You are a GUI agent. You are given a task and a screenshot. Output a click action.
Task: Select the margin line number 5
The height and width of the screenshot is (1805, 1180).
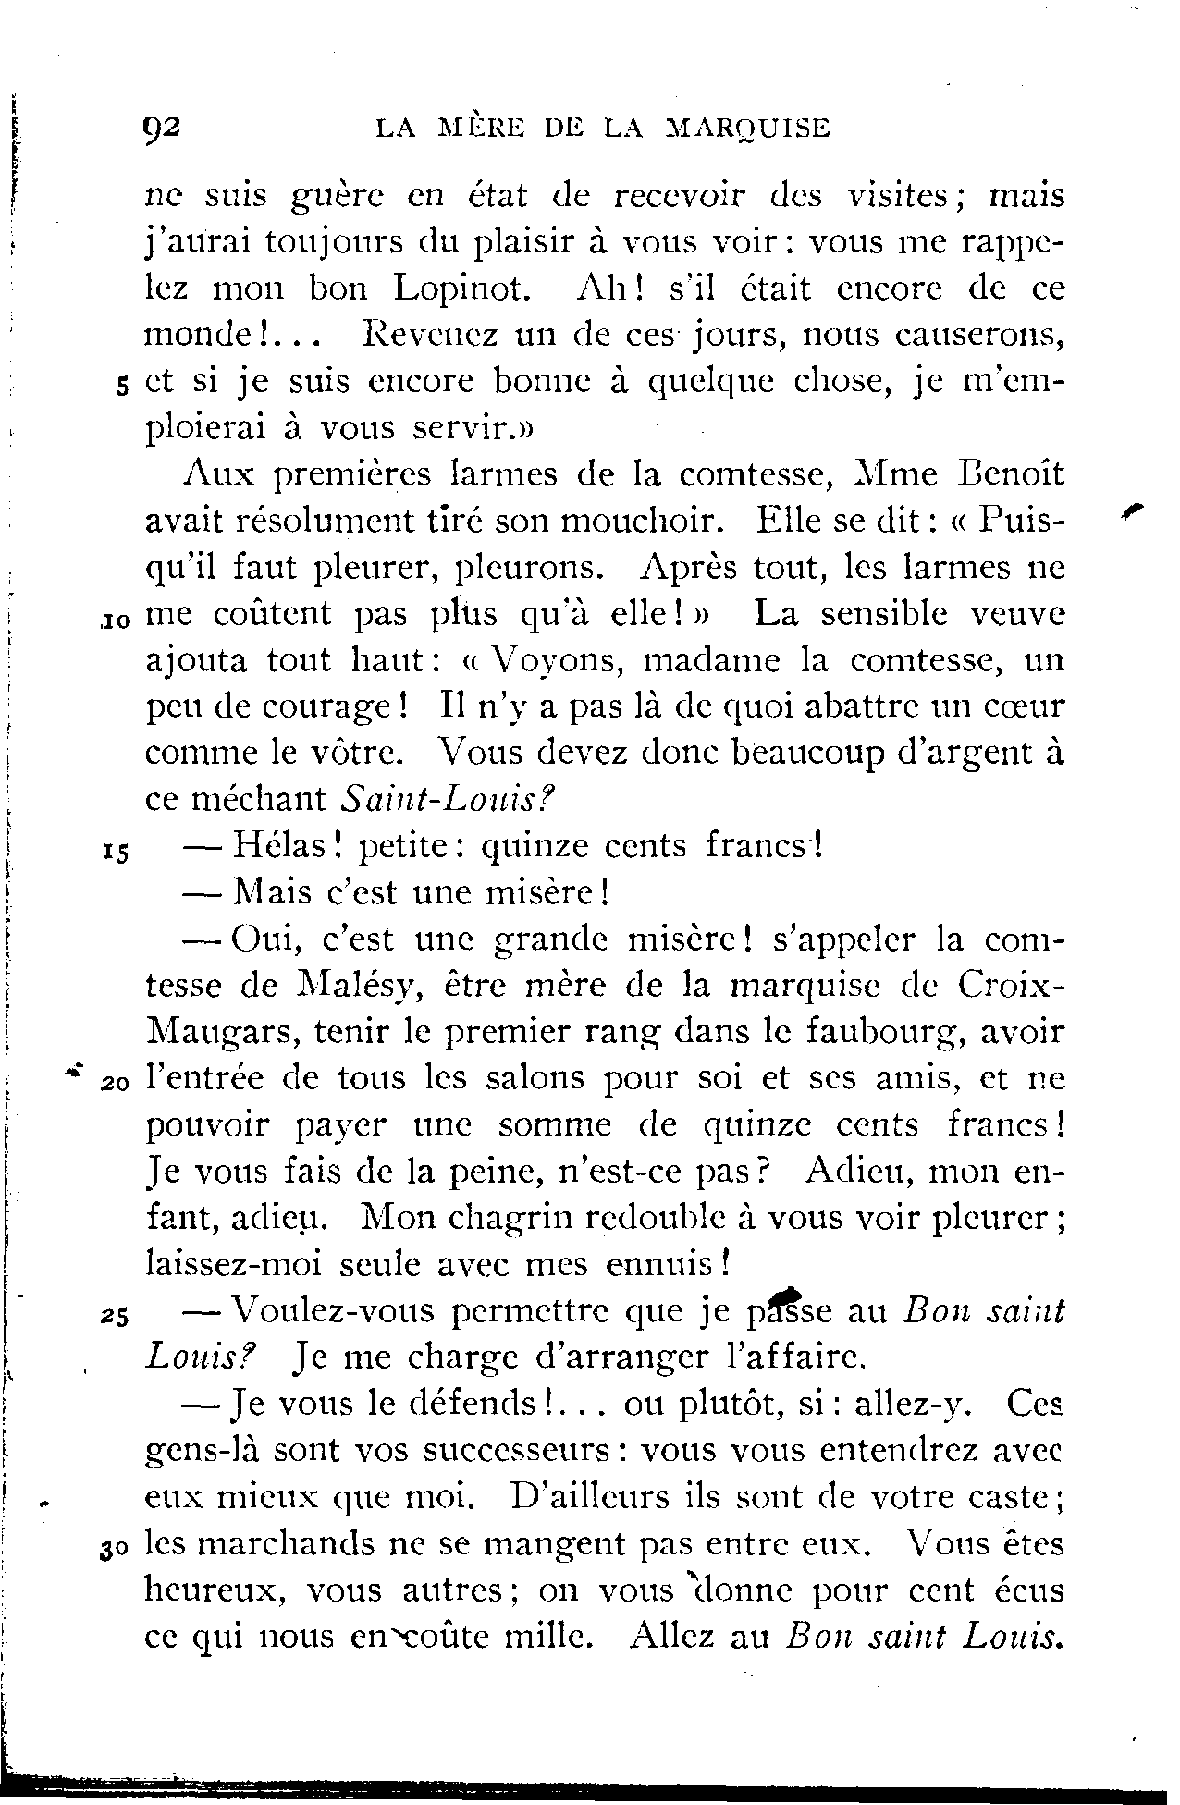pos(122,387)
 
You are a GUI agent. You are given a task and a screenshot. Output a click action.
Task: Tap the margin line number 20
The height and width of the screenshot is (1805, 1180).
pos(116,1084)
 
